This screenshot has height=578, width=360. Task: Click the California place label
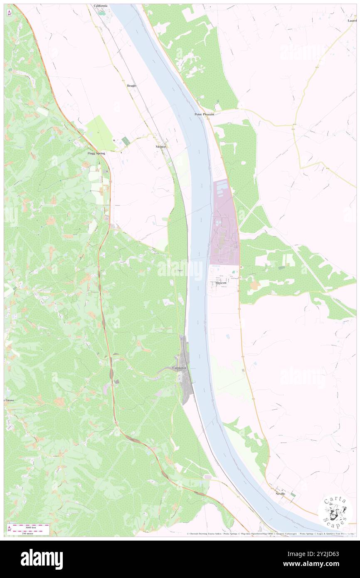[x=100, y=6]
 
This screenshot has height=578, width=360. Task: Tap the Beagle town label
[x=131, y=86]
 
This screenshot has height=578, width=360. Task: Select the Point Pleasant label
[x=204, y=114]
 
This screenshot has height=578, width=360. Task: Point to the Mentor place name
[x=160, y=147]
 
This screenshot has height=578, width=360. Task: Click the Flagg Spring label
[x=96, y=153]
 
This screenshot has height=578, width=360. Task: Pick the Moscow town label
[x=221, y=283]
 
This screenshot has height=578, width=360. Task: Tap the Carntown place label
[x=180, y=368]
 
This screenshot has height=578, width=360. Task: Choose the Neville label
[x=280, y=494]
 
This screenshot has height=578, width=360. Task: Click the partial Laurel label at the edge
[x=352, y=20]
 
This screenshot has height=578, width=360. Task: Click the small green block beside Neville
[x=293, y=494]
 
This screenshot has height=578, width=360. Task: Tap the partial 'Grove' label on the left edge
[x=9, y=400]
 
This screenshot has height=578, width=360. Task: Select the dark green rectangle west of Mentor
[x=126, y=141]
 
